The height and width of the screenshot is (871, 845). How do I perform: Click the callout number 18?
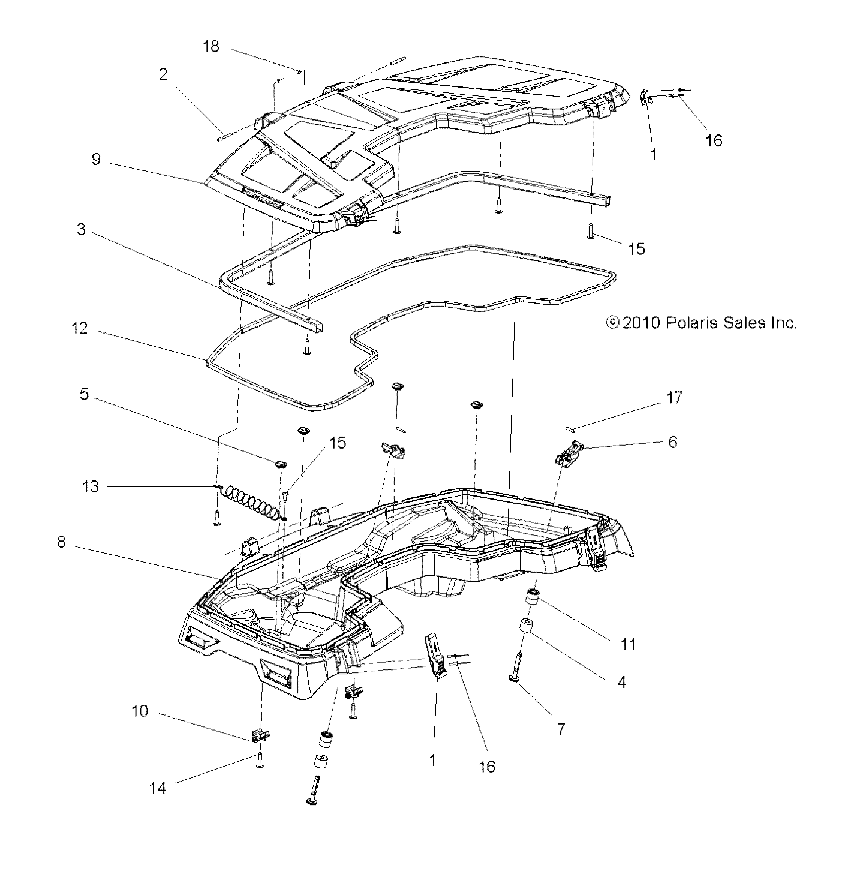[211, 46]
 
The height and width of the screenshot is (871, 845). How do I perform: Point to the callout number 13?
[90, 486]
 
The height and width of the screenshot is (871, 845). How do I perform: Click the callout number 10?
[140, 712]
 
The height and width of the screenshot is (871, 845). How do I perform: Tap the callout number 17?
[674, 398]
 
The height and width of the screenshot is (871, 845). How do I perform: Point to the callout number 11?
[628, 644]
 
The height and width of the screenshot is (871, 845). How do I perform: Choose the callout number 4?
[621, 682]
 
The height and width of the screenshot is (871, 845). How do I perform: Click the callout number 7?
[561, 729]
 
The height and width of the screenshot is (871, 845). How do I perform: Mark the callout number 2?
[163, 74]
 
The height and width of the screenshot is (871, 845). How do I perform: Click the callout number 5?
[83, 395]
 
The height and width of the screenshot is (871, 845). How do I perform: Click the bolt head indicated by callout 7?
[514, 678]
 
